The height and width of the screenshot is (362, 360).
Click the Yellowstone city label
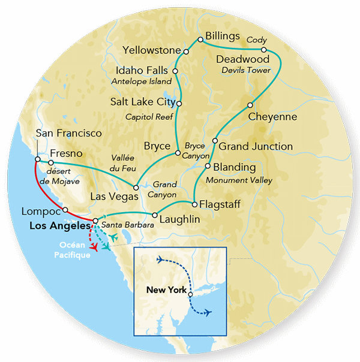tap(151, 50)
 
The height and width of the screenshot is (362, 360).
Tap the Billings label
tap(223, 35)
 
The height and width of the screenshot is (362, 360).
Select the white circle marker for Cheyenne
tap(250, 105)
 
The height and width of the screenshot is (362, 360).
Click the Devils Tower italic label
tap(246, 71)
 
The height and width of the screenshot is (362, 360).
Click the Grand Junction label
tap(256, 146)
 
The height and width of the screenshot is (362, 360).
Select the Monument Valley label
tap(239, 180)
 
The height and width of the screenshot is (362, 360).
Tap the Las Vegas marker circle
tap(136, 187)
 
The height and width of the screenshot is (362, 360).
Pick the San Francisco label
tap(69, 133)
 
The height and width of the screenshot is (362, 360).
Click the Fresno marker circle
tap(52, 162)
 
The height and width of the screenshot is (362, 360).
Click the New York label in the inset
tap(165, 289)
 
